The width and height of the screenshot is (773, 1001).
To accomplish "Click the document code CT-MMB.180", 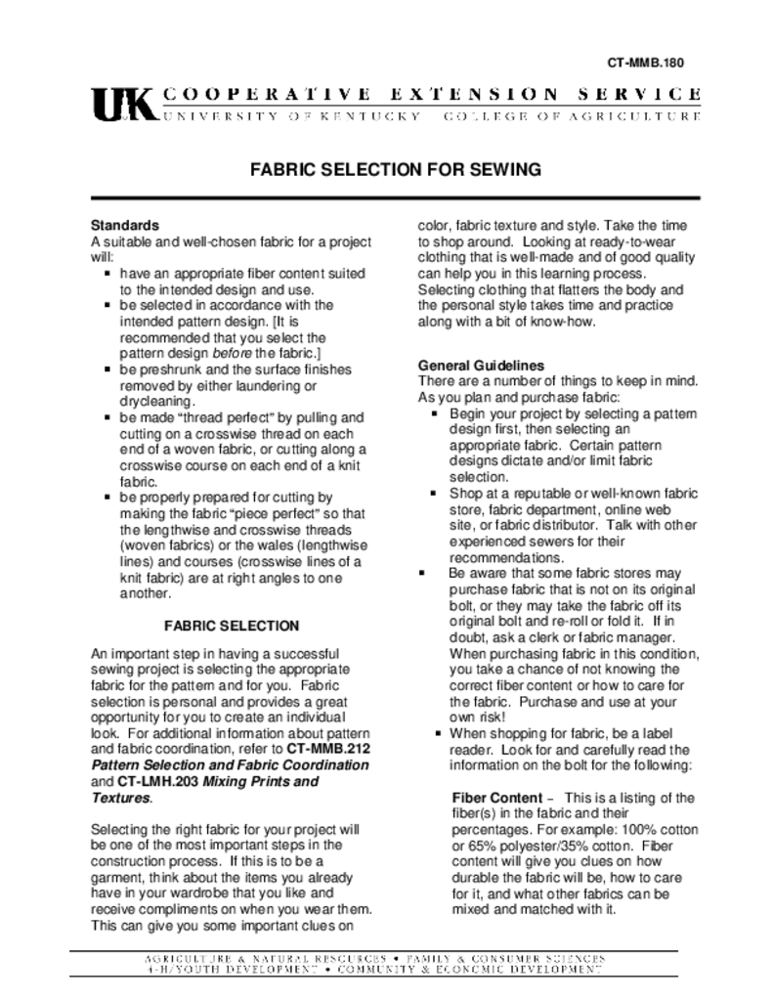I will (645, 63).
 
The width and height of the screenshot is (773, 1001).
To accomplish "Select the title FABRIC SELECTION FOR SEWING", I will (396, 169).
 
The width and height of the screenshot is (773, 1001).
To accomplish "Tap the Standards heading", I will (124, 226).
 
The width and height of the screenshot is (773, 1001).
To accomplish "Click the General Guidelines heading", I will (481, 366).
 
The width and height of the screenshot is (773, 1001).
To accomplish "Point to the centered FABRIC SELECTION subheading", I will (232, 625).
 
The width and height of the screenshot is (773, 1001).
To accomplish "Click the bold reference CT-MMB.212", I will (327, 748).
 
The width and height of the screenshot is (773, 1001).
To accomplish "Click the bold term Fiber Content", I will (503, 797).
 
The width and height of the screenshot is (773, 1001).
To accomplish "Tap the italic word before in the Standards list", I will (226, 352).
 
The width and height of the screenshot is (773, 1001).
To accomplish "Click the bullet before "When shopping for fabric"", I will (439, 732).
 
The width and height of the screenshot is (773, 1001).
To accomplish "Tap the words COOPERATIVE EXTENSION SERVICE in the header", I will (430, 95).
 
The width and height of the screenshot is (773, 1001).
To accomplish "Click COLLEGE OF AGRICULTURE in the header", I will (572, 116).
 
